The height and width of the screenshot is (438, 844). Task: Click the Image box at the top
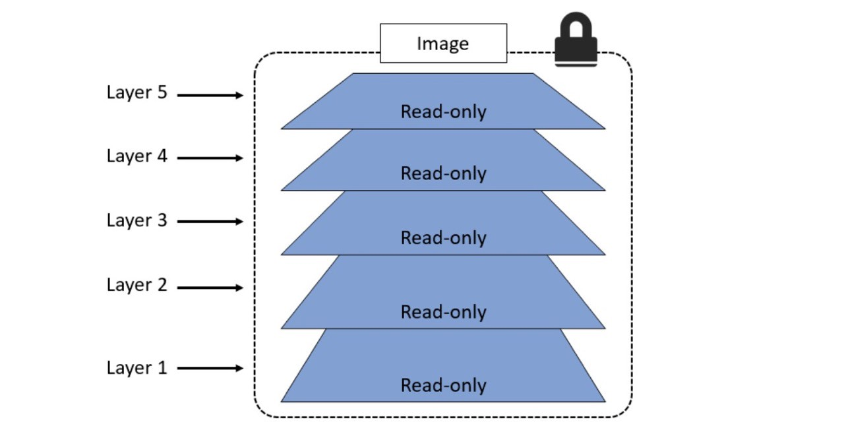[443, 44]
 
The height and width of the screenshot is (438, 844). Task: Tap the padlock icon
[576, 41]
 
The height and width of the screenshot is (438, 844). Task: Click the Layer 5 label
[137, 93]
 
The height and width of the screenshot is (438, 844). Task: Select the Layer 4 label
[137, 156]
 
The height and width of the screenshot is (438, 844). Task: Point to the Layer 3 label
[137, 220]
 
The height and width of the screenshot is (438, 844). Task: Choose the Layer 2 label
[137, 285]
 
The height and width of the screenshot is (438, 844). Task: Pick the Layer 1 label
[137, 367]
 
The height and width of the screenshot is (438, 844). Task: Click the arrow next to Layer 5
[210, 96]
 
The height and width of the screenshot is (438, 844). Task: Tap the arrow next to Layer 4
[210, 158]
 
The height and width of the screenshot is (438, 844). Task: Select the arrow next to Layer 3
[210, 222]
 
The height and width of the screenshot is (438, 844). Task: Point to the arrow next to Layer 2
[210, 288]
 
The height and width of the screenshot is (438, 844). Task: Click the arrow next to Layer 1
[210, 368]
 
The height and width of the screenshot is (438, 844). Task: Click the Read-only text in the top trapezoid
[443, 111]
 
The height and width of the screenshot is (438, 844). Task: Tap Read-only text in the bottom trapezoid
[443, 385]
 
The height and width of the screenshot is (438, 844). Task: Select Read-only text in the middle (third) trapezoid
[443, 237]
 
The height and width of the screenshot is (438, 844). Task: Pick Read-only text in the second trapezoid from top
[443, 173]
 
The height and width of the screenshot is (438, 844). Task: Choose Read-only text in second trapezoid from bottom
[443, 311]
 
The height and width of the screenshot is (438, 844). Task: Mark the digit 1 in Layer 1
[162, 367]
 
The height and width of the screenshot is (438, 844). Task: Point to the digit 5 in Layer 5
[162, 93]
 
